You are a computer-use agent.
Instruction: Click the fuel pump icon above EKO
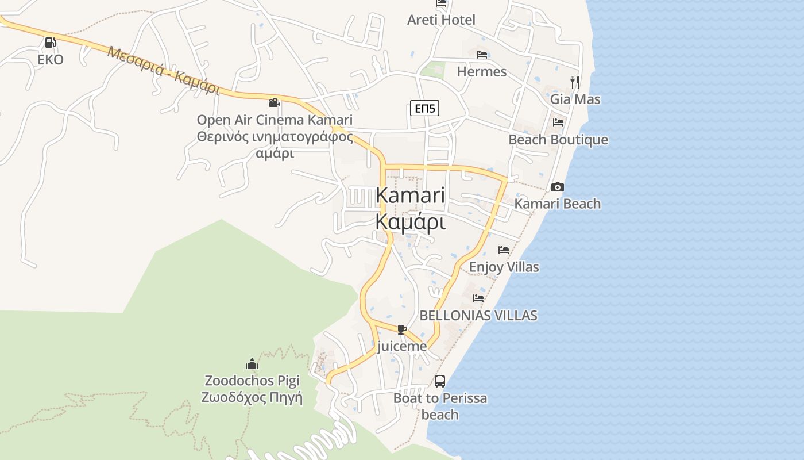pyautogui.click(x=50, y=43)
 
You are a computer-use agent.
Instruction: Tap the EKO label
pyautogui.click(x=51, y=60)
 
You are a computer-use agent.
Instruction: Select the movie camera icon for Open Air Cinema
pyautogui.click(x=275, y=102)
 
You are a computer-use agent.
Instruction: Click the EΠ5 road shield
pyautogui.click(x=424, y=108)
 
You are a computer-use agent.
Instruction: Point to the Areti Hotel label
pyautogui.click(x=441, y=20)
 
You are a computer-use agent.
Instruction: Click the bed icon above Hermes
pyautogui.click(x=482, y=55)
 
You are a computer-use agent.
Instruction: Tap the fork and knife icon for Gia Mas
pyautogui.click(x=575, y=82)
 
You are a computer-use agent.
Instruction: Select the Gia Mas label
pyautogui.click(x=575, y=99)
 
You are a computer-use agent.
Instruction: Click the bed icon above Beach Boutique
pyautogui.click(x=558, y=122)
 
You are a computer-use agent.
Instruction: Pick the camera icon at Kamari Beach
pyautogui.click(x=557, y=187)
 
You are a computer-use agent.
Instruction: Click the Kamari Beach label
pyautogui.click(x=557, y=204)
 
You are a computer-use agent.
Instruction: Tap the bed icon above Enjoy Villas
pyautogui.click(x=504, y=250)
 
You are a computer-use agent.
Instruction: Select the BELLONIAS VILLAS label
pyautogui.click(x=478, y=315)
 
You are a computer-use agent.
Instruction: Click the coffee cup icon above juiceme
pyautogui.click(x=402, y=329)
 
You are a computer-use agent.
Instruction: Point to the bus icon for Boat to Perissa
pyautogui.click(x=440, y=381)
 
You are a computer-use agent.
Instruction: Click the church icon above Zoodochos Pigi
pyautogui.click(x=252, y=364)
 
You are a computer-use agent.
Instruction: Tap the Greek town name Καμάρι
pyautogui.click(x=410, y=222)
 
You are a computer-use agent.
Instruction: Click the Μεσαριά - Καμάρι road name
pyautogui.click(x=164, y=70)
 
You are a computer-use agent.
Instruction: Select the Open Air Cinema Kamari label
pyautogui.click(x=275, y=120)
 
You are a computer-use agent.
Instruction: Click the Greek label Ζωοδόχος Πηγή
pyautogui.click(x=252, y=397)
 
